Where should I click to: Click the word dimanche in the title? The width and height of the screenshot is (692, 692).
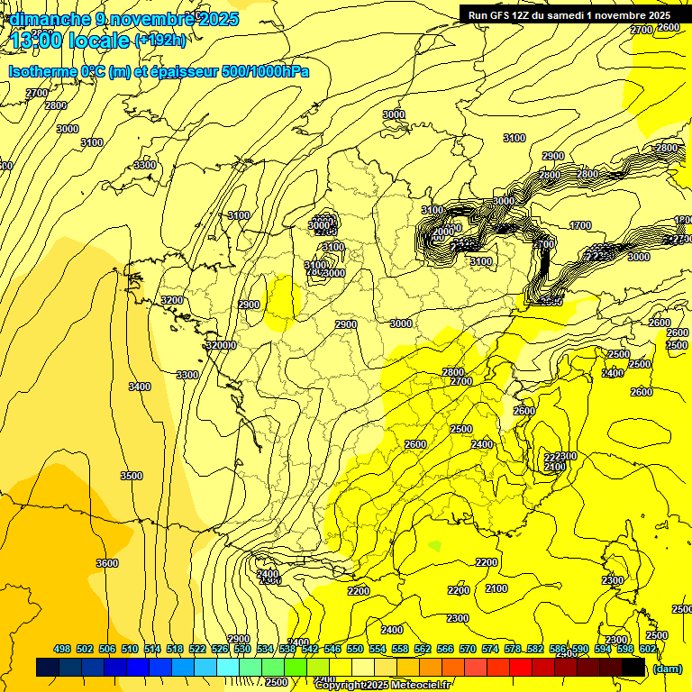43,18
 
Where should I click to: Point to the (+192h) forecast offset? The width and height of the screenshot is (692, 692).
160,41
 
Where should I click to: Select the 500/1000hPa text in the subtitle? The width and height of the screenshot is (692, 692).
268,72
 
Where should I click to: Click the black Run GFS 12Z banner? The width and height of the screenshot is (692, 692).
569,15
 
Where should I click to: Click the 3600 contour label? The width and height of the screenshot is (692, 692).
106,563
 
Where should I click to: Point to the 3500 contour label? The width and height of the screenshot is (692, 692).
132,476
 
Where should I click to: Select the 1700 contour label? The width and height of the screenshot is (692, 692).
580,225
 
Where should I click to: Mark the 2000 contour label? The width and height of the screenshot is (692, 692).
443,232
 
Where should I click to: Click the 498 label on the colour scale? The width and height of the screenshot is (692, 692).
62,649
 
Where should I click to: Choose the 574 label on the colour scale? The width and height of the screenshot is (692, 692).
492,649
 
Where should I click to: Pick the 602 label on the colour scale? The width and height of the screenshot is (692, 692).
647,649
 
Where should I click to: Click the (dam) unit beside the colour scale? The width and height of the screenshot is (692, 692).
667,669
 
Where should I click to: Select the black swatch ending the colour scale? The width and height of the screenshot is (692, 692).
633,668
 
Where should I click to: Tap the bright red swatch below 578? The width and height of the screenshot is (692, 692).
520,668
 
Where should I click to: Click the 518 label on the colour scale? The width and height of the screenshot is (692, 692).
176,649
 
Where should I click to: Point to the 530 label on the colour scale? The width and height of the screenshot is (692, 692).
243,649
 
